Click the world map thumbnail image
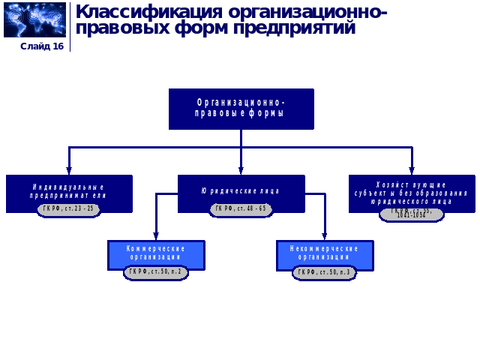(34, 19)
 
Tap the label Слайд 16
(42, 46)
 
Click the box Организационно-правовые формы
(241, 108)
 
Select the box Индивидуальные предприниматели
(69, 190)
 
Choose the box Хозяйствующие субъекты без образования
(411, 190)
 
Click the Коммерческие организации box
(156, 251)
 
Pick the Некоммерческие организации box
(324, 251)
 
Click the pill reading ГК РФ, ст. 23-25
(69, 209)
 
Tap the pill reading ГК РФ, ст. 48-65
(241, 209)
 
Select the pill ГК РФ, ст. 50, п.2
(156, 272)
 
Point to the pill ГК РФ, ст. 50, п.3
(324, 272)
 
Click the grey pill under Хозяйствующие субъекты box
(411, 214)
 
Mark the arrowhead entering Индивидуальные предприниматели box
(69, 171)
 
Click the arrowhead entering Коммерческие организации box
(156, 236)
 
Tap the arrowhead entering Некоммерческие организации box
(324, 236)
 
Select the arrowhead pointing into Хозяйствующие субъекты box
(411, 171)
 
